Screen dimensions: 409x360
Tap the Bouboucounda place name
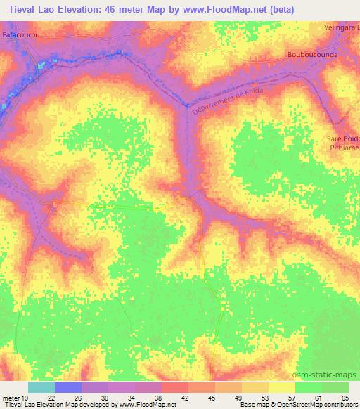(314, 54)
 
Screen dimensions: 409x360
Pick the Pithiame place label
(344, 148)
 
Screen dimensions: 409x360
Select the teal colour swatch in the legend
(41, 387)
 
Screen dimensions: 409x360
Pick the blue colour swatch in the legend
(67, 387)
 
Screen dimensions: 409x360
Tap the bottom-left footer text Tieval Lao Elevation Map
(42, 405)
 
